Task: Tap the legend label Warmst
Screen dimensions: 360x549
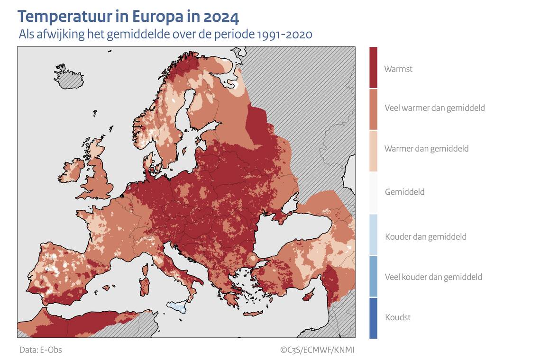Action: (x=398, y=69)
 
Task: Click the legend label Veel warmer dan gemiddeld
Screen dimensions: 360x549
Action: (x=434, y=108)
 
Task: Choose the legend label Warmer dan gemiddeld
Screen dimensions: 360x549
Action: (x=426, y=149)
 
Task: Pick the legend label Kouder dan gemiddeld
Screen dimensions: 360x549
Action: (x=425, y=236)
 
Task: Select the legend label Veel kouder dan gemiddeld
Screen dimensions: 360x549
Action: (x=433, y=277)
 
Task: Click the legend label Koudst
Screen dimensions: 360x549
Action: (x=398, y=317)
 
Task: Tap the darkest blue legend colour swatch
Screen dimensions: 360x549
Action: (x=374, y=318)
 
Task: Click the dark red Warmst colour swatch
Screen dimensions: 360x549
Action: (x=374, y=67)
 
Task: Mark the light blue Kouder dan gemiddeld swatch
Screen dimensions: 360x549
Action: (x=374, y=235)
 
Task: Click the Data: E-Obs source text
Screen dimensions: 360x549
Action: (x=41, y=350)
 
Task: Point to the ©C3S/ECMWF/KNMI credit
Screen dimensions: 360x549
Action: (x=317, y=350)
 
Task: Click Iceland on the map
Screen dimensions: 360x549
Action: (x=69, y=78)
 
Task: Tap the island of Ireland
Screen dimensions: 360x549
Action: (x=72, y=170)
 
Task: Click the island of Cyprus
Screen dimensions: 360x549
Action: (x=309, y=296)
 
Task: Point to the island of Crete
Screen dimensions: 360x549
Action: (x=253, y=314)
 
